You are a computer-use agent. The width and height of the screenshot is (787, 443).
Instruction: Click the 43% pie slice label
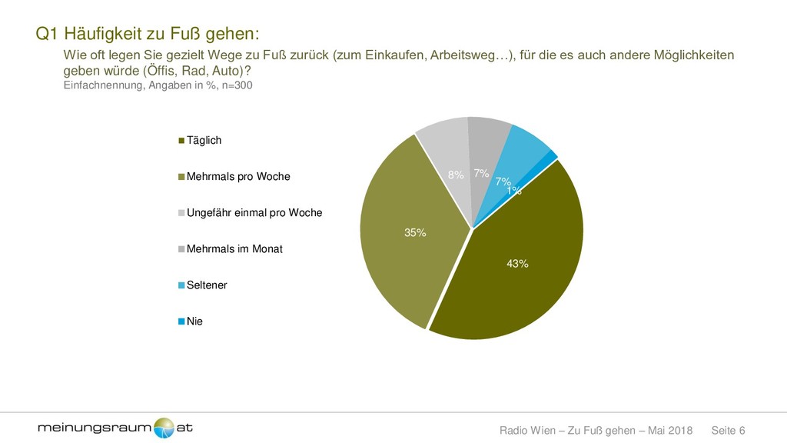[517, 264]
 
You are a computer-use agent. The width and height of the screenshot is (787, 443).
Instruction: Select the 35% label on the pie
[416, 233]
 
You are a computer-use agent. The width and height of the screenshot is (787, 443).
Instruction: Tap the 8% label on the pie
[456, 175]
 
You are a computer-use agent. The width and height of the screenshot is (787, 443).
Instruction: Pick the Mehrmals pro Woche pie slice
[400, 254]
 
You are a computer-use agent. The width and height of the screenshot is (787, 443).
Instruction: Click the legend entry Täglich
[204, 140]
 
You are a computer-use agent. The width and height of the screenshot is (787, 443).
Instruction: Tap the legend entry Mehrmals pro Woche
[238, 177]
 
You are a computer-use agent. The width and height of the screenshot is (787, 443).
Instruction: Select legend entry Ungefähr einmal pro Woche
[254, 212]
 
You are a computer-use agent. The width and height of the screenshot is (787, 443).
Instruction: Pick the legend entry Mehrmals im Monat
[234, 248]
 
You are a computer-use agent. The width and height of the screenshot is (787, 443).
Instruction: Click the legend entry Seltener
[207, 285]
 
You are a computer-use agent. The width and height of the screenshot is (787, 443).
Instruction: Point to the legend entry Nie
[194, 321]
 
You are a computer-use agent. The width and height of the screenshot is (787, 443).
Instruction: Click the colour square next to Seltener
[182, 285]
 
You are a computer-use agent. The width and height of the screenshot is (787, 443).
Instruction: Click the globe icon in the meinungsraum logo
[164, 428]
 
